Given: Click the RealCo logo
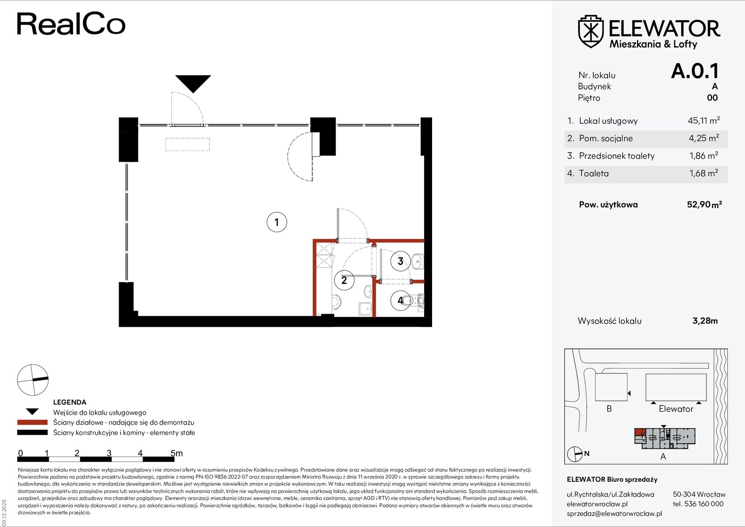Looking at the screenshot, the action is point(71,24).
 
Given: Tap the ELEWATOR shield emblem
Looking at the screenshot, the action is point(591,31).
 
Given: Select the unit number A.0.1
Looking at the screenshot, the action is point(695,71).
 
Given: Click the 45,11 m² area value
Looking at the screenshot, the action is point(704,121).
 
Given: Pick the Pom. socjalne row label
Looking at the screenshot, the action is point(606,138).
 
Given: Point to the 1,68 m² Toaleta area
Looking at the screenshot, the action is point(704,173).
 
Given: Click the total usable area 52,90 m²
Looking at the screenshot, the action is point(704,204).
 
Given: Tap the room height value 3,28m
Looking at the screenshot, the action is point(705,321).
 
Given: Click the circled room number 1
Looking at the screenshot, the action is point(277,222).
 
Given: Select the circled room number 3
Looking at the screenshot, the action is point(400,261).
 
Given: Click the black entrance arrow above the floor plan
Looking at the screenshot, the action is point(193,84).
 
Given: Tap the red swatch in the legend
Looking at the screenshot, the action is point(32,422).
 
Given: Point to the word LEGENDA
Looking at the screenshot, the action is point(70,402).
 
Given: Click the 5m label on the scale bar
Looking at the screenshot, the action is point(176,453).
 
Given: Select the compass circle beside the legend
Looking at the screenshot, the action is point(33,380).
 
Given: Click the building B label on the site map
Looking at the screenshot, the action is point(609,409).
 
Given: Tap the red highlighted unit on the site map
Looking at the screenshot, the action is point(640,432).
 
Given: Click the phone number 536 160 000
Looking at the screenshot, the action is point(704,504).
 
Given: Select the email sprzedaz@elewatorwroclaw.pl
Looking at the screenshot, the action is point(614,513).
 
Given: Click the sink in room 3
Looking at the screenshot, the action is point(417,261).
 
